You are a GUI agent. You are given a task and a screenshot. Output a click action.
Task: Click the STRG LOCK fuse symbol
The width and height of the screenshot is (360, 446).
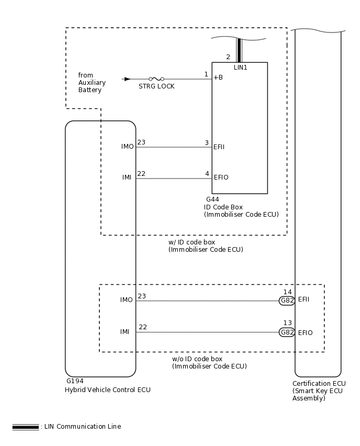pyautogui.click(x=156, y=79)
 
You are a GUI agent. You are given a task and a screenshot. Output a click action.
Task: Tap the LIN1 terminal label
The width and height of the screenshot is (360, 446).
pyautogui.click(x=241, y=68)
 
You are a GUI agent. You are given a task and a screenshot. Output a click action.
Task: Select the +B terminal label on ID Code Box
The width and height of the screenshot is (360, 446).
pyautogui.click(x=218, y=78)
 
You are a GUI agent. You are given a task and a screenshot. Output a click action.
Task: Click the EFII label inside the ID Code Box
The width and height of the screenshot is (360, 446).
pyautogui.click(x=219, y=148)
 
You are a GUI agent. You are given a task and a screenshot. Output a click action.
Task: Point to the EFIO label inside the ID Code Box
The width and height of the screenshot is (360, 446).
pyautogui.click(x=221, y=177)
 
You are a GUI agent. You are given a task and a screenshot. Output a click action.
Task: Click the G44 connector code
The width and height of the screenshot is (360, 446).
pyautogui.click(x=212, y=199)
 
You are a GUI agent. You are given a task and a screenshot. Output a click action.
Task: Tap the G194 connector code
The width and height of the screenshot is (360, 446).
pyautogui.click(x=75, y=382)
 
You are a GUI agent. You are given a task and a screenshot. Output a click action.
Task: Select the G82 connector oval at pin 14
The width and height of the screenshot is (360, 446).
pyautogui.click(x=287, y=300)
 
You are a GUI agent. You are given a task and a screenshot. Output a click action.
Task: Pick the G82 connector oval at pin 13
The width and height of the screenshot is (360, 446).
pyautogui.click(x=287, y=332)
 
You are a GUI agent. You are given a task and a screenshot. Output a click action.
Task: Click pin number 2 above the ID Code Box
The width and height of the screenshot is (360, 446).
pyautogui.click(x=228, y=57)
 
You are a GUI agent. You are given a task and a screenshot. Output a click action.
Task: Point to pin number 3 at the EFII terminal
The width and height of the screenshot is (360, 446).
pyautogui.click(x=207, y=143)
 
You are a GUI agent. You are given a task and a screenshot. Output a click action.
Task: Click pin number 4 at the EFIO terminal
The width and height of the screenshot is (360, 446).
pyautogui.click(x=207, y=174)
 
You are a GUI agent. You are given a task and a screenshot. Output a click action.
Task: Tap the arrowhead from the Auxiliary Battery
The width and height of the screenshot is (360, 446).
pyautogui.click(x=127, y=79)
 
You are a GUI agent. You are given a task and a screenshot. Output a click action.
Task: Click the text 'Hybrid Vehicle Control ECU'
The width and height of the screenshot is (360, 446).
pyautogui.click(x=108, y=390)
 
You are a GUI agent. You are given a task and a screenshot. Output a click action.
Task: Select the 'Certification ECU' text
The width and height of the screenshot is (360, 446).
pyautogui.click(x=319, y=384)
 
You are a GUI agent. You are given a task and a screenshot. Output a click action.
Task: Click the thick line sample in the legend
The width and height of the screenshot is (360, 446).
pyautogui.click(x=26, y=427)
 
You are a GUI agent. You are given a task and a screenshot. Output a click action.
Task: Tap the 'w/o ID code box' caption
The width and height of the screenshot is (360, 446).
pyautogui.click(x=197, y=359)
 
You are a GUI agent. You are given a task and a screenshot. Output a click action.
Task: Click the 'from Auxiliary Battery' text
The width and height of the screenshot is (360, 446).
pyautogui.click(x=92, y=83)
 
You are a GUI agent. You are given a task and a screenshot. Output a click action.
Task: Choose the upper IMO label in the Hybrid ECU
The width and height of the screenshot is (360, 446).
pyautogui.click(x=127, y=147)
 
